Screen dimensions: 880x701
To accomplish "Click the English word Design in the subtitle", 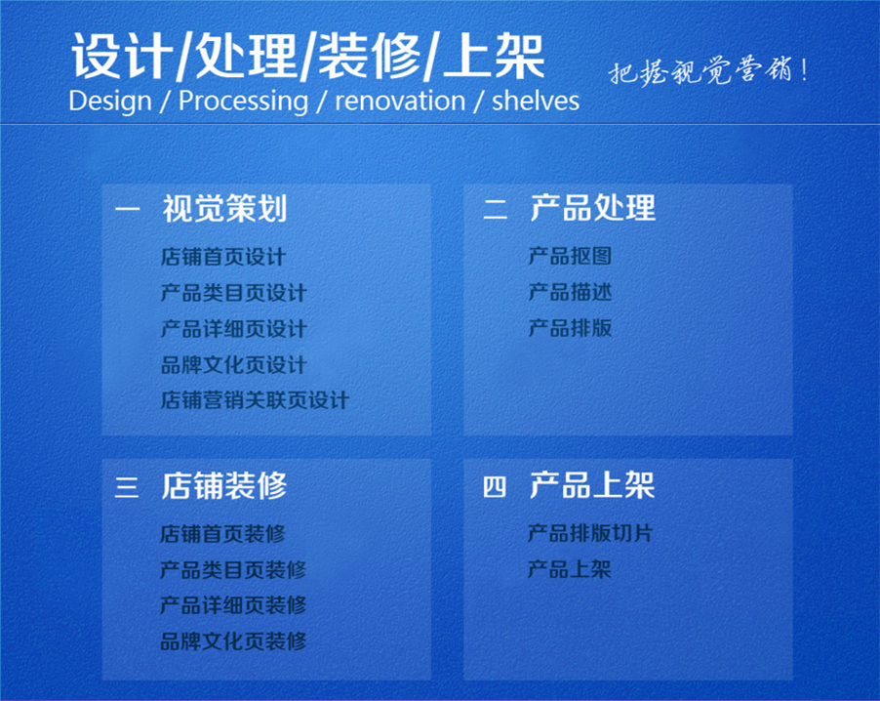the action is [x=110, y=102].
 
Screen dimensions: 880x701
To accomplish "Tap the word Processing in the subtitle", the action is [x=243, y=103].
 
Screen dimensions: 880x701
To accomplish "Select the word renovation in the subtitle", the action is [x=400, y=102].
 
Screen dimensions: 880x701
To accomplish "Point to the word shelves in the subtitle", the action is [x=536, y=102].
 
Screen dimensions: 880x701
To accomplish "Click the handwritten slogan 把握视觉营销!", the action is [x=708, y=71].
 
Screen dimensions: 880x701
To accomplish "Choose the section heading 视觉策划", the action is [x=224, y=208].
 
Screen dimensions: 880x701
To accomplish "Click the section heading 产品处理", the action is [x=592, y=207].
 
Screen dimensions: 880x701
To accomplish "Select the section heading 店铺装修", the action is [x=224, y=485].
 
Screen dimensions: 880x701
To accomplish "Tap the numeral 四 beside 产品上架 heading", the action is [x=495, y=486].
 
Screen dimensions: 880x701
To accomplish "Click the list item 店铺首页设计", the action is [x=223, y=257].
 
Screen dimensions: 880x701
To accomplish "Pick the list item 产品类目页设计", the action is [x=233, y=293].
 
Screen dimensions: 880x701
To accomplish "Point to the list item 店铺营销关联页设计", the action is [x=255, y=400].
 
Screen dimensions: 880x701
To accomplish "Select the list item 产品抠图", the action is [x=570, y=256].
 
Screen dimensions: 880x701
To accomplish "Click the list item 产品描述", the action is [x=570, y=292].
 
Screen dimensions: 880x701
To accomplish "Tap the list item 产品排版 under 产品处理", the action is [x=570, y=328].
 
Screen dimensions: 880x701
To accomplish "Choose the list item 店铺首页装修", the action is [x=222, y=534].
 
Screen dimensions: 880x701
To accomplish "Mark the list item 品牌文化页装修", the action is [x=233, y=640].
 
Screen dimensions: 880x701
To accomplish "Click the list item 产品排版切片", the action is [x=590, y=533].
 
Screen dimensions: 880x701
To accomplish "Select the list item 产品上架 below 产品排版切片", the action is [x=570, y=569].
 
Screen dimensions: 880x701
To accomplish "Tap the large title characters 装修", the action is [x=370, y=57].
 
